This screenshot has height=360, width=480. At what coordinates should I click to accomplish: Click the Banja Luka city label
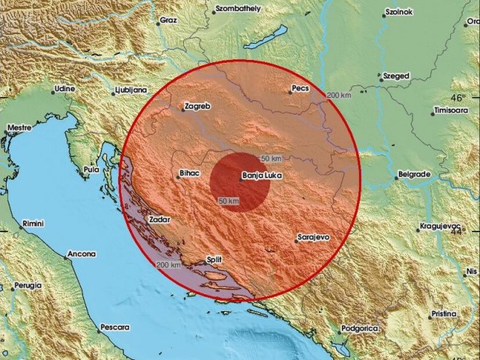262,175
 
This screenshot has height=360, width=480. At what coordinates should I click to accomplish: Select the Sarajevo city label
315,238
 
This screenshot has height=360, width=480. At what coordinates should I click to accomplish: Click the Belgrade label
414,175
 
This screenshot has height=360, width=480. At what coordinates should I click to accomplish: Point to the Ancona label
82,254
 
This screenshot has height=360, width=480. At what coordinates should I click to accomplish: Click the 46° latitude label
457,98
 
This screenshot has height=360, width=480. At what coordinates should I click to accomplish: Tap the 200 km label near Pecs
338,95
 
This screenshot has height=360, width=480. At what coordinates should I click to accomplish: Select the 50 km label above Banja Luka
271,158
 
